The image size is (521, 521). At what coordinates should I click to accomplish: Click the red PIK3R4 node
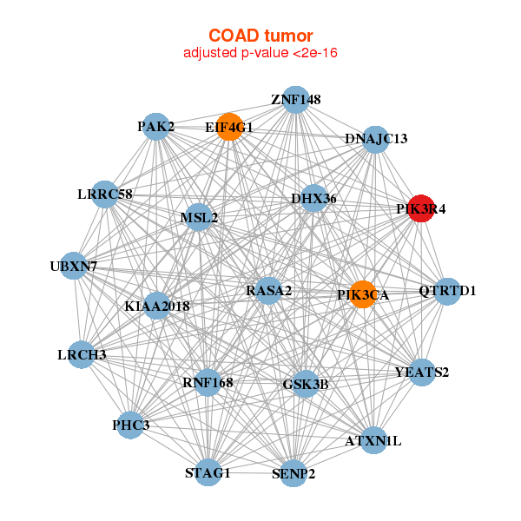420,208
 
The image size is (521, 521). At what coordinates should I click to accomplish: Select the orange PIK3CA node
362,294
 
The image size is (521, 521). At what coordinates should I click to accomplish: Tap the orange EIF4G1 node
228,127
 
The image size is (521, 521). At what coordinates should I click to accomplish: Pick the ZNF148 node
295,99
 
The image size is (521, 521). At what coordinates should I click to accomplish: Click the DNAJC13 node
374,139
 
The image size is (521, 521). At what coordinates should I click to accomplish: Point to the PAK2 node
155,127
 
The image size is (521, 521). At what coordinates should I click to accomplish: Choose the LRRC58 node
103,194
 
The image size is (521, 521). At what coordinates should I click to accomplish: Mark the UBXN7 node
73,266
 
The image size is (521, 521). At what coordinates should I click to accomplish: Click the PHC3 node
130,425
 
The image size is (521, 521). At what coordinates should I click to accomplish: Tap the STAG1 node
208,472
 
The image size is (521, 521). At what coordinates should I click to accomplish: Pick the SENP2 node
293,474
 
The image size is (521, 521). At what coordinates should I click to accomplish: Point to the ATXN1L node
373,440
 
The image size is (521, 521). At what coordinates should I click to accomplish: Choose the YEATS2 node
421,373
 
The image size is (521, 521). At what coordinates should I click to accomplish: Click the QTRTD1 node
446,290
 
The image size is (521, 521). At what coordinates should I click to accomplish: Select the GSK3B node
305,383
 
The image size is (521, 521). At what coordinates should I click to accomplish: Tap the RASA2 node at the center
268,290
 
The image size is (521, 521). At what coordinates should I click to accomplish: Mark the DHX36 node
313,199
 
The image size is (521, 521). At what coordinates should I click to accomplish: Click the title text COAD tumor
260,36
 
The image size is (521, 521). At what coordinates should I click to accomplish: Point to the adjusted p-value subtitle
260,53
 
